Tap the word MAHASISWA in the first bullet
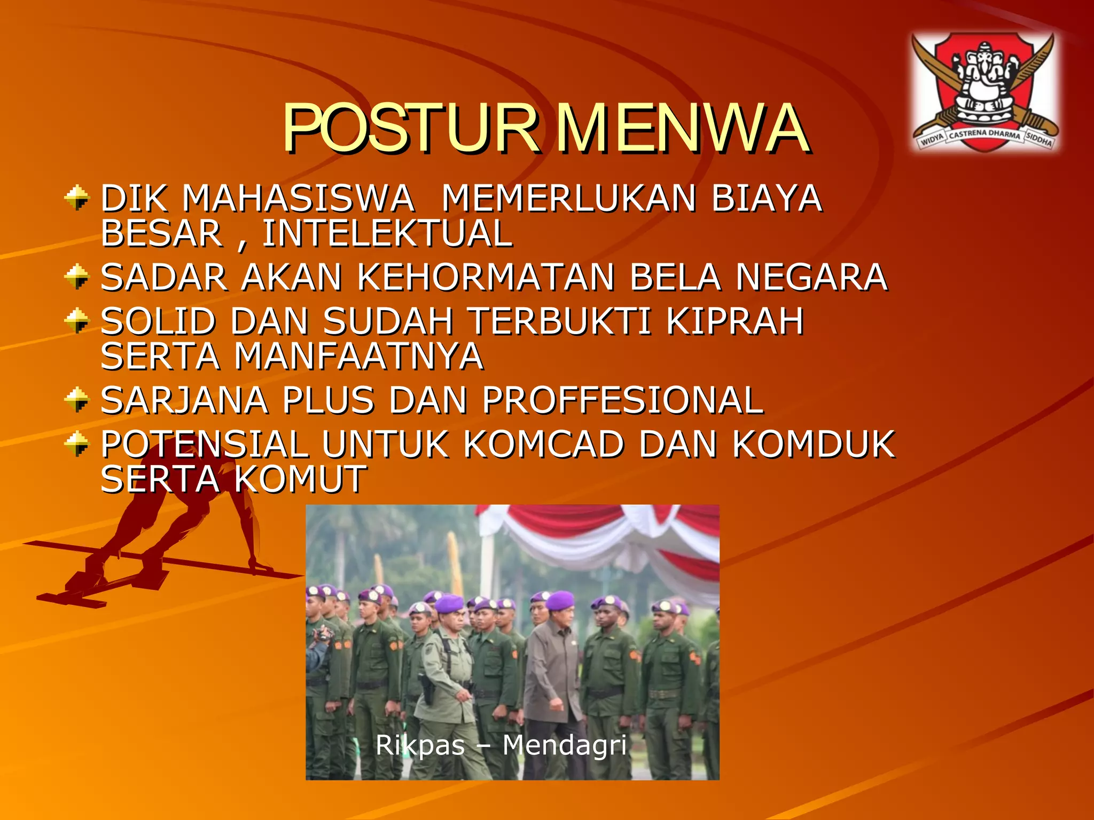coord(298,199)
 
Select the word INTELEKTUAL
coord(387,234)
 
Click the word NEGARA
coord(811,278)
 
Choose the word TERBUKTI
coord(560,321)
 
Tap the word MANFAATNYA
coord(359,357)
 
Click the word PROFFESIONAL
coord(623,400)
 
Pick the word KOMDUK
coord(813,444)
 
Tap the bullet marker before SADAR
coord(77,277)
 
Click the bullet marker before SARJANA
coord(77,399)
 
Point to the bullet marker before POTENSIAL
coord(77,444)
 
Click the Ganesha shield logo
coord(986,91)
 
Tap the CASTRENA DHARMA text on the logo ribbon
coord(984,134)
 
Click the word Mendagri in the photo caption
coord(564,745)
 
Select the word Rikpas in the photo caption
coord(420,745)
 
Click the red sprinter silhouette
coord(176,534)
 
